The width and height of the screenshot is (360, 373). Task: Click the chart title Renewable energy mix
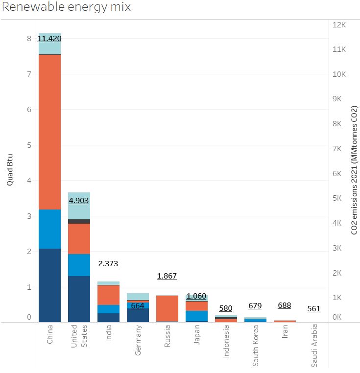[67, 7]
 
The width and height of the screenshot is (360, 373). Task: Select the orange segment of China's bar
[50, 132]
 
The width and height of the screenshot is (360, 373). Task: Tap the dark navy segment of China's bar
[50, 285]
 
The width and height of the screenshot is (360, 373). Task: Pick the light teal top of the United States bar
[79, 206]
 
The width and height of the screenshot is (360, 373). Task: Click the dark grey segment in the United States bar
[79, 221]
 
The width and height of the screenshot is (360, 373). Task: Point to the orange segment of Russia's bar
[167, 308]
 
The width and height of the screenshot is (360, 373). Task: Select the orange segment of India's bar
[109, 295]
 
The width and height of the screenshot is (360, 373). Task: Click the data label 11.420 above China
[49, 39]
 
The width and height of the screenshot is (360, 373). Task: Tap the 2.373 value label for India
[108, 263]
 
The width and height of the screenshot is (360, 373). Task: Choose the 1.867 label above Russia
[167, 276]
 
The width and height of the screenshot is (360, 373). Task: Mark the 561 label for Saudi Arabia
[314, 309]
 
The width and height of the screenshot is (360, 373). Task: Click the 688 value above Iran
[284, 305]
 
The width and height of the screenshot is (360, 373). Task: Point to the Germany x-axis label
[138, 340]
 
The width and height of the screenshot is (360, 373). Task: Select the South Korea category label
[255, 346]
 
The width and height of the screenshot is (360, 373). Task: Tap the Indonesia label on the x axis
[226, 341]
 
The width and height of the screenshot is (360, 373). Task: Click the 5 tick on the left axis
[29, 145]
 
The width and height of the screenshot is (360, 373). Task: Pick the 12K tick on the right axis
[339, 25]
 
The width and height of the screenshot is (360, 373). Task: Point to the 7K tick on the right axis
[337, 149]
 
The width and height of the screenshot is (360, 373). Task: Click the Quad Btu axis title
[9, 170]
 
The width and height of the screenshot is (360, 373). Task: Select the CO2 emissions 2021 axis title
[354, 170]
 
